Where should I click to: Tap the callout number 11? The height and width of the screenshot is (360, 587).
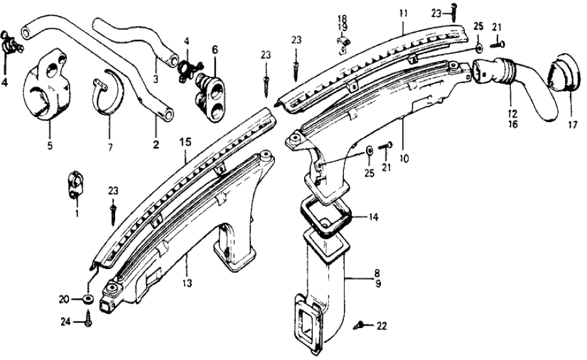402,12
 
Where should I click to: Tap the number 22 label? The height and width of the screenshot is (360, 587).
381,325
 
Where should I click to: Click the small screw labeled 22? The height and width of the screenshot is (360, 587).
359,323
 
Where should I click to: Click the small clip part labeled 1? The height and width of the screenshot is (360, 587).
74,183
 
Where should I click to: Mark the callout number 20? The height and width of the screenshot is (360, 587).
64,300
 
